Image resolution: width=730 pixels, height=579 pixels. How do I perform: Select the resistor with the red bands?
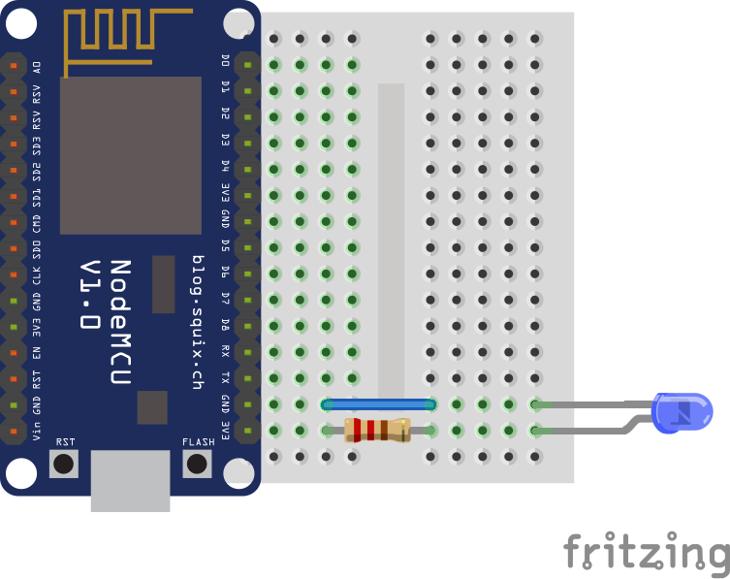pyautogui.click(x=377, y=430)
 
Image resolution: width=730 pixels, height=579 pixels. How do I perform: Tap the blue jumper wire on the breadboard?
pyautogui.click(x=378, y=404)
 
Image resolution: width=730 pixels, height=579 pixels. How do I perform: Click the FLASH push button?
pyautogui.click(x=198, y=464)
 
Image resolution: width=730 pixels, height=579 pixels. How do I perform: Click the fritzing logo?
pyautogui.click(x=646, y=552)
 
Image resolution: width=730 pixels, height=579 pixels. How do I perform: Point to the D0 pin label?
pyautogui.click(x=225, y=61)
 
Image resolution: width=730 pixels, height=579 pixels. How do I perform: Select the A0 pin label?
pyautogui.click(x=37, y=67)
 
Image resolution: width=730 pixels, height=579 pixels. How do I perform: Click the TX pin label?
pyautogui.click(x=225, y=376)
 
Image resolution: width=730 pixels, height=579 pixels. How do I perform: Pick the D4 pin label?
pyautogui.click(x=225, y=166)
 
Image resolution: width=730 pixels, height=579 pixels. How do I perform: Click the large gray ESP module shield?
pyautogui.click(x=130, y=155)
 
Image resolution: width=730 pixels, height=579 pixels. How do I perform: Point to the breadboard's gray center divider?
pyautogui.click(x=391, y=242)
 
